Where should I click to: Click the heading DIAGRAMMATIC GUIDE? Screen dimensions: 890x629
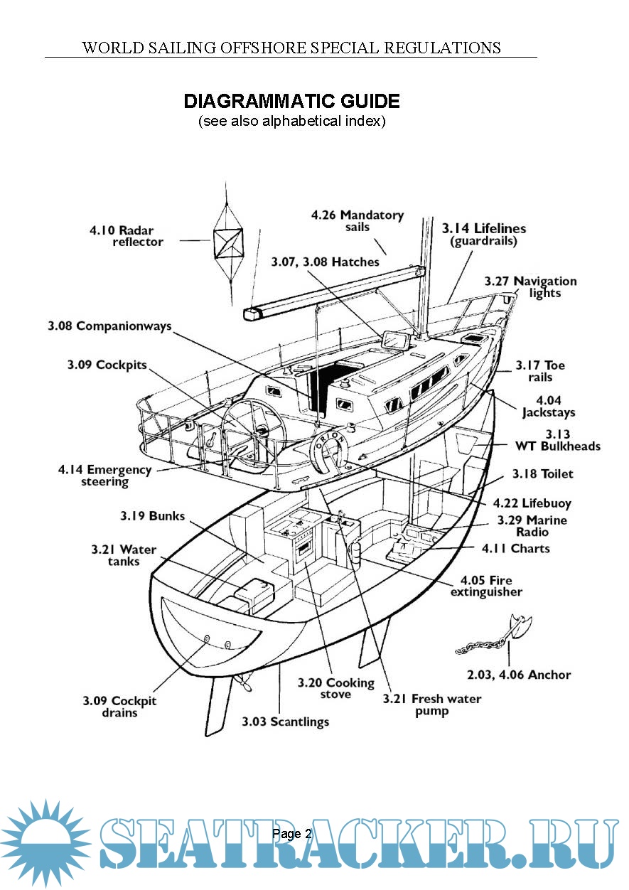point(291,101)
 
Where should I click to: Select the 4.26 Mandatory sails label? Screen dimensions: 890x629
point(357,220)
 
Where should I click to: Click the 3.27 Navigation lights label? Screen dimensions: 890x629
point(530,287)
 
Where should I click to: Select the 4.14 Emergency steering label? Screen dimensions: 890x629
point(105,476)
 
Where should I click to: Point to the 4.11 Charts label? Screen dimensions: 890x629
point(515,549)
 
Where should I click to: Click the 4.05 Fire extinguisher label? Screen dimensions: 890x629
point(486,586)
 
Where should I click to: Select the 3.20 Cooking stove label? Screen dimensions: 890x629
point(335,688)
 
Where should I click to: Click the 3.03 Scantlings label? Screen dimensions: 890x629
point(285,722)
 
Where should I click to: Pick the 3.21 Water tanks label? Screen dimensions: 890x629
point(115,555)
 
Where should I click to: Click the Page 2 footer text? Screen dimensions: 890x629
point(291,834)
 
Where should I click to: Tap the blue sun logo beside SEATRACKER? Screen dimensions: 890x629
point(45,843)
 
